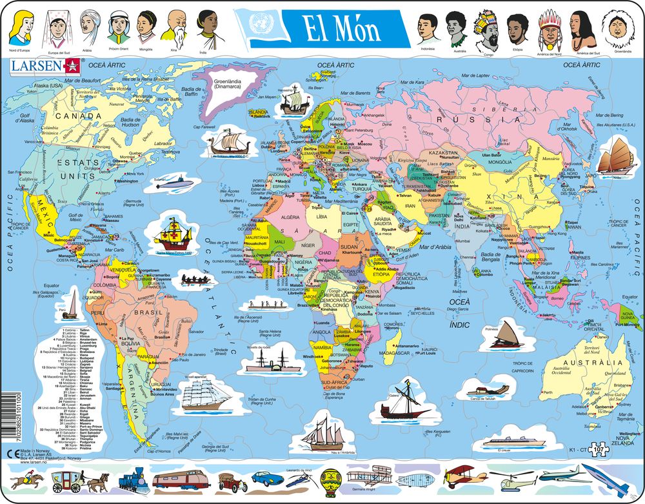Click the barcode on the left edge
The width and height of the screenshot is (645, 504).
7,419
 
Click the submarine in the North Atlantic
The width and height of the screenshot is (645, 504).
171,183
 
